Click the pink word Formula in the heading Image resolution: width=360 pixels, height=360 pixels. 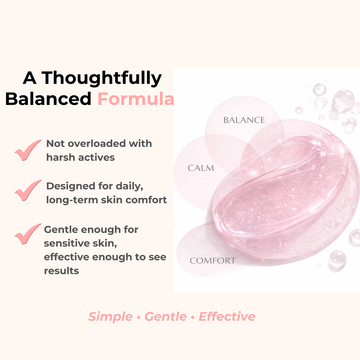136,99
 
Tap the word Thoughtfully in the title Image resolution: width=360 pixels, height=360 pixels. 101,79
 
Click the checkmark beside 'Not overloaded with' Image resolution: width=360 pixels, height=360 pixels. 28,150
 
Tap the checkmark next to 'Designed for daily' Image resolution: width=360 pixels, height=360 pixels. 28,190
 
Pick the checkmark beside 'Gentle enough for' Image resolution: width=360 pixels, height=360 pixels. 28,234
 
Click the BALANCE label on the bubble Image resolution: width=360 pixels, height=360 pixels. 244,120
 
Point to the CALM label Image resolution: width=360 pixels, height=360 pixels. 201,168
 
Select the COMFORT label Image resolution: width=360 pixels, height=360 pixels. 213,261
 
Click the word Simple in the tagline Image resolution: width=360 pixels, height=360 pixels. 110,316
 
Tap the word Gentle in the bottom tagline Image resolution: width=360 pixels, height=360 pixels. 166,316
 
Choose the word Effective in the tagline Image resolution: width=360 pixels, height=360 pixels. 227,316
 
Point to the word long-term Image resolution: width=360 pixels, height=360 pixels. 72,200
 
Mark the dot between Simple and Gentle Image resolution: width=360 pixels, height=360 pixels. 139,317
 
